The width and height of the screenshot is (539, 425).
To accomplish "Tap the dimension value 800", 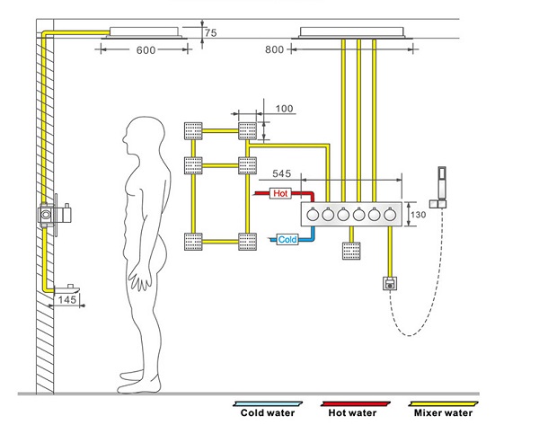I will coord(275,51).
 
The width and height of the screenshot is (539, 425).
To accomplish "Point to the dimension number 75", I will coord(211,32).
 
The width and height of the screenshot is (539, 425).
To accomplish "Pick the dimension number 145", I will coord(66,299).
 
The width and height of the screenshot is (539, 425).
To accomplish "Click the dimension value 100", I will coord(284,109).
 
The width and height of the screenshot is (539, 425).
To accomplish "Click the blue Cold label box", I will coord(287,240).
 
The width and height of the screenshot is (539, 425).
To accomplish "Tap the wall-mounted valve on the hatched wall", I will coord(47,215).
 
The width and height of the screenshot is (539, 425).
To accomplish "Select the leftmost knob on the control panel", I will coord(312,215).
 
